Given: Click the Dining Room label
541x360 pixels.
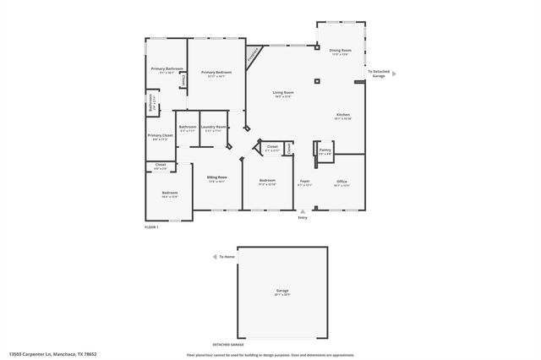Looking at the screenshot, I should [340, 52].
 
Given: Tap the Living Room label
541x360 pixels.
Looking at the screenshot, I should [282, 93].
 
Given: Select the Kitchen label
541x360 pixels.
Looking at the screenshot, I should [342, 116].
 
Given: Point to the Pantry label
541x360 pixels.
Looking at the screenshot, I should [325, 150].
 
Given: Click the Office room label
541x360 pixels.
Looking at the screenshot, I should [342, 182].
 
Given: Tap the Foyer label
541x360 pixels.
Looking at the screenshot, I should [305, 182].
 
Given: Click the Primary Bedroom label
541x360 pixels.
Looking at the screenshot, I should [216, 74].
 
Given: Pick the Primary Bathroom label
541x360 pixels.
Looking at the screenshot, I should [167, 69].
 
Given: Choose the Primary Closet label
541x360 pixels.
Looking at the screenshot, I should [160, 137].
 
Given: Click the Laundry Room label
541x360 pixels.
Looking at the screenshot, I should [213, 128].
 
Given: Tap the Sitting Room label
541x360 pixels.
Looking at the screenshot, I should [217, 178].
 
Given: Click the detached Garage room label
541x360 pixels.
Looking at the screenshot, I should [281, 292].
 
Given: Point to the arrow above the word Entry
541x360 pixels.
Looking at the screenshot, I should [303, 211].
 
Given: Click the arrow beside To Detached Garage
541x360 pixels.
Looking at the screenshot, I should [392, 74].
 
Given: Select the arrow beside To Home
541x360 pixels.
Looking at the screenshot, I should [214, 256].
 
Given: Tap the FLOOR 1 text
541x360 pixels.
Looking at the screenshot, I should [152, 226].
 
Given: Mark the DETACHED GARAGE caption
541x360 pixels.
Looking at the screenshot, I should [227, 345].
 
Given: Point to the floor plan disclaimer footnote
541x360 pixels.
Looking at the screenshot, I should [270, 355].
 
